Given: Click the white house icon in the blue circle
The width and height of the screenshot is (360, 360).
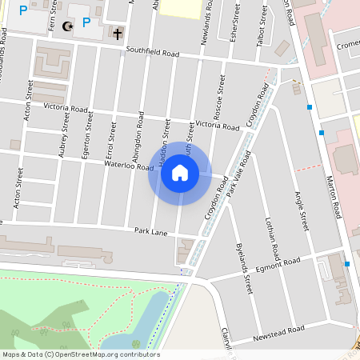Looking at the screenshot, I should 179,173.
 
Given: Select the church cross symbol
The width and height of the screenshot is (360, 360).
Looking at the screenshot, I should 118,34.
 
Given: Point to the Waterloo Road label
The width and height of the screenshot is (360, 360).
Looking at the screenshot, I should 129,165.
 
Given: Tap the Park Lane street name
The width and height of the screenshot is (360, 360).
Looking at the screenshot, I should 150,230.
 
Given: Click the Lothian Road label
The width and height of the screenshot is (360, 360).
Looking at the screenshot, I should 272,239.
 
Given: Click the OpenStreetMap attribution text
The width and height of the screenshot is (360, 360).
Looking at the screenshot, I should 81,354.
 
